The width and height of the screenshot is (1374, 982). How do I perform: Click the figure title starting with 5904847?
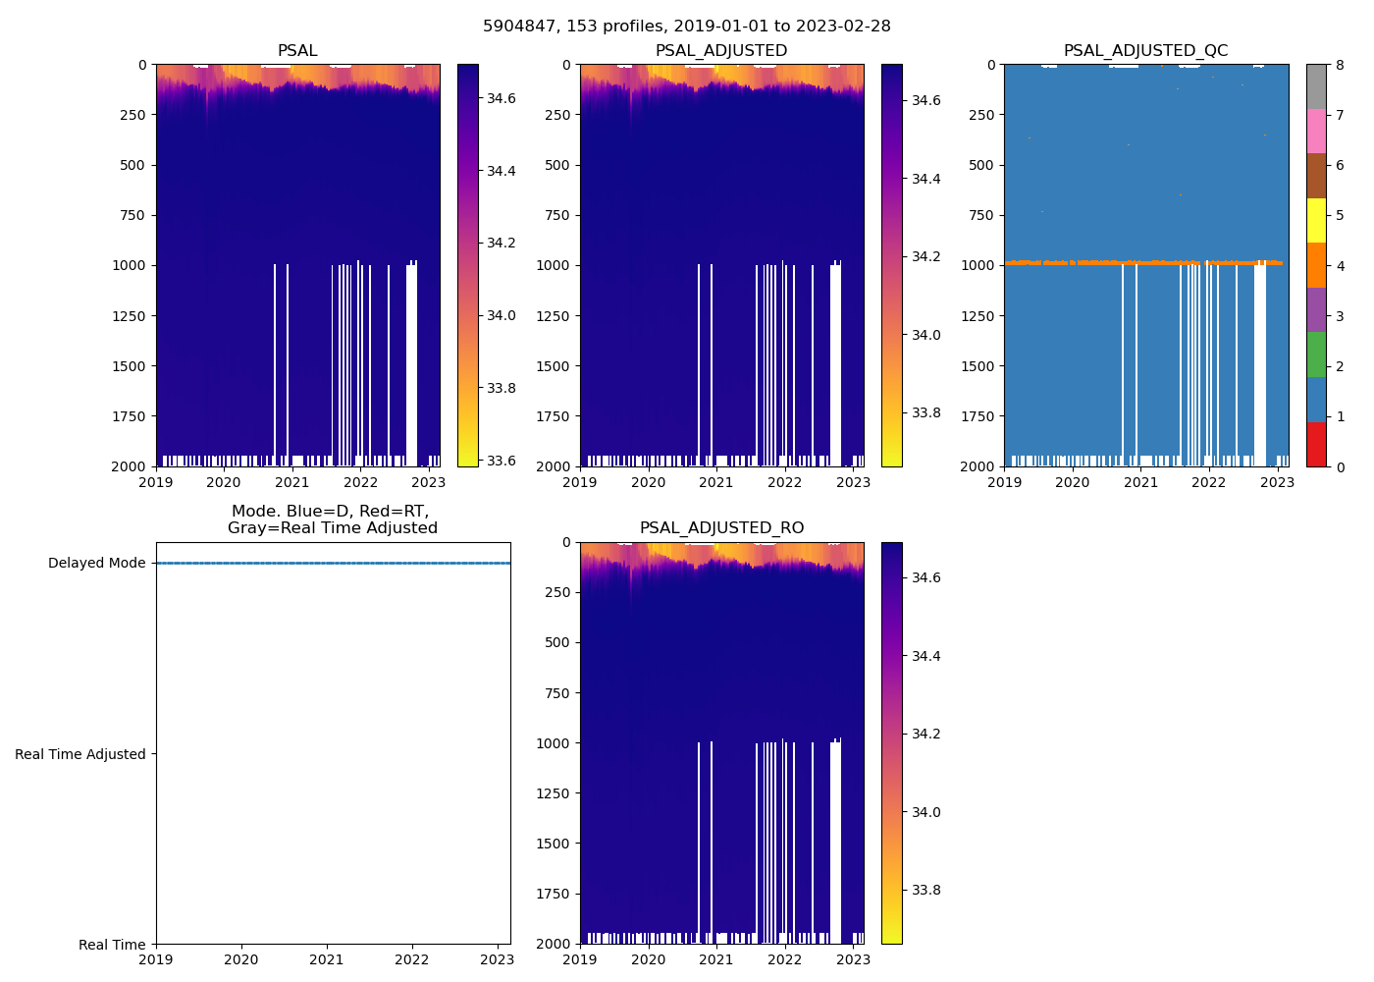tap(687, 27)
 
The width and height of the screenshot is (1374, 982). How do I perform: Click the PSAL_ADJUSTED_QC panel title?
tap(1145, 51)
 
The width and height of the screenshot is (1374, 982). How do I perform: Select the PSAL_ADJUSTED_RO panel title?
tap(721, 528)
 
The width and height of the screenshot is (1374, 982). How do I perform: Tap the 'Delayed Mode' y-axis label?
tap(96, 564)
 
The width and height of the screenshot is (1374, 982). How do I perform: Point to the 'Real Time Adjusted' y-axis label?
tap(80, 754)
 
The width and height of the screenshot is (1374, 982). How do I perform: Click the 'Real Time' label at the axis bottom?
tap(112, 945)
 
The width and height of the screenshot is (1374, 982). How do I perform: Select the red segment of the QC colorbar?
tap(1316, 444)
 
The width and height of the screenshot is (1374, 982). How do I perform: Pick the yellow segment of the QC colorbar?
tap(1316, 221)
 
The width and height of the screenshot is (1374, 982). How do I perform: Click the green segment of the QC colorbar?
tap(1316, 355)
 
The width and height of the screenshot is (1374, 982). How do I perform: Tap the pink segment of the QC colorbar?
tap(1316, 132)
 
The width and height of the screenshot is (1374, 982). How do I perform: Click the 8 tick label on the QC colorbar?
tap(1340, 65)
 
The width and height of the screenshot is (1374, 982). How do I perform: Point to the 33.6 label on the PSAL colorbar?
tap(502, 461)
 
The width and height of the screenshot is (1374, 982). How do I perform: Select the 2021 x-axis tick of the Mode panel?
tap(327, 959)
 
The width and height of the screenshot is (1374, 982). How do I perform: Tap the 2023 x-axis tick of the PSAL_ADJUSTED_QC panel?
tap(1277, 482)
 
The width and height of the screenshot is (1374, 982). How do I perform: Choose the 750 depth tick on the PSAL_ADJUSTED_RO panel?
tap(556, 693)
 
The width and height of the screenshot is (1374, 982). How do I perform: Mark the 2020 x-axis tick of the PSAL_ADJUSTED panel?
tap(648, 482)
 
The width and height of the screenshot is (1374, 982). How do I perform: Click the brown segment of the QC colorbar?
tap(1316, 176)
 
